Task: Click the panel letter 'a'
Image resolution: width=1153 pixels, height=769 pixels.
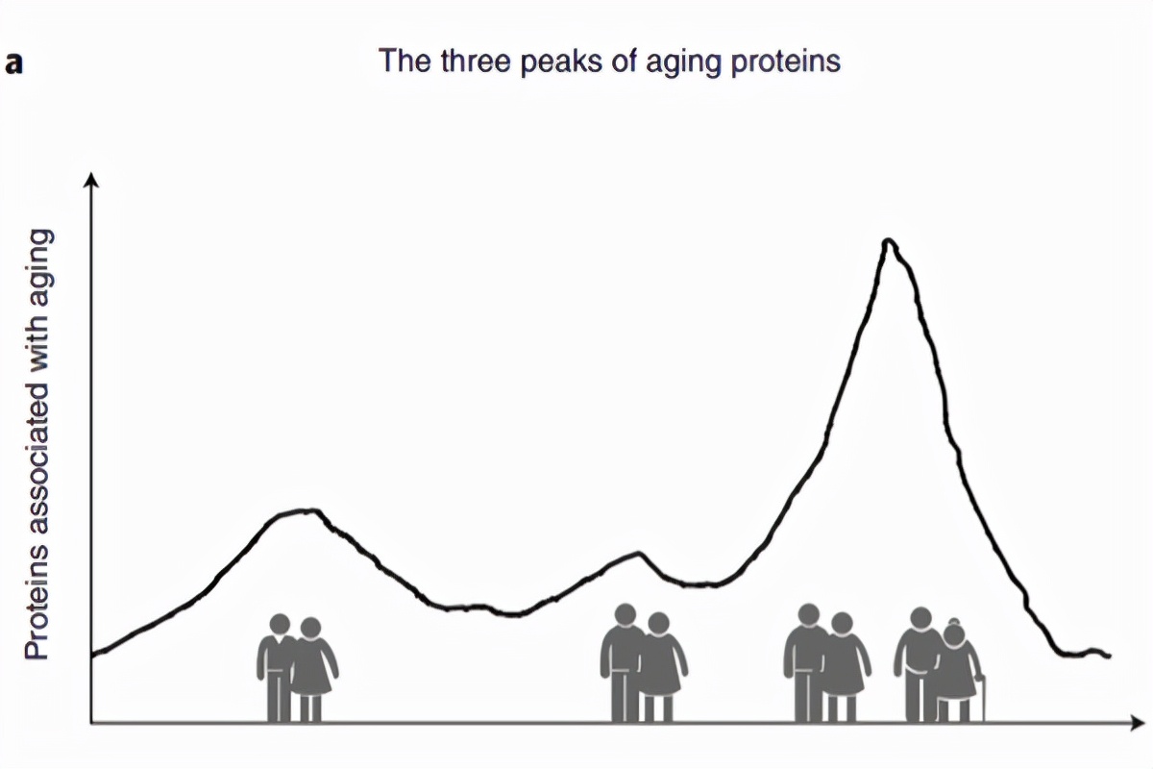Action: point(13,64)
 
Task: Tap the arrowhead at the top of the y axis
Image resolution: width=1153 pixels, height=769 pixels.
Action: point(91,180)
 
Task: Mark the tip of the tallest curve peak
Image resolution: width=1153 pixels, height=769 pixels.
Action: point(889,240)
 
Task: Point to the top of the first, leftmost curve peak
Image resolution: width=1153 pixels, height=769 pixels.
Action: point(306,510)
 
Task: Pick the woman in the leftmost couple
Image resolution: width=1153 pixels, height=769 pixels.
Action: point(312,668)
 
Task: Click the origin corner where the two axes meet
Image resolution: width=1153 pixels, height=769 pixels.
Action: point(91,721)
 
